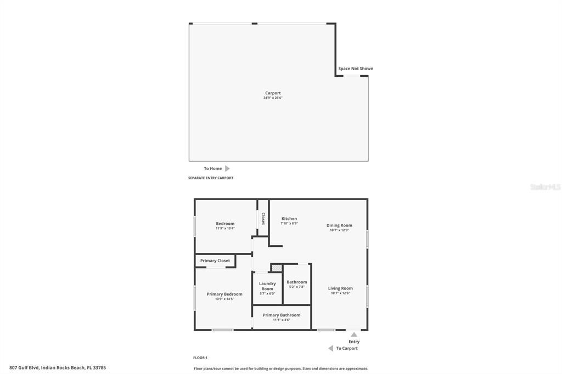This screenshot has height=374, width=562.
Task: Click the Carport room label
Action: click(x=273, y=95)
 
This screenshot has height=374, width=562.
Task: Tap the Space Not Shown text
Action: click(x=356, y=69)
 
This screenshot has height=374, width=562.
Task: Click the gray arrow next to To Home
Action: click(x=227, y=168)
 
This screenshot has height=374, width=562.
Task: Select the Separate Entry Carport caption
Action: click(x=211, y=178)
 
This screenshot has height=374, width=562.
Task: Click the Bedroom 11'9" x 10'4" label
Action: click(x=225, y=225)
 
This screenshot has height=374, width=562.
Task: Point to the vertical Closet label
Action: click(x=263, y=218)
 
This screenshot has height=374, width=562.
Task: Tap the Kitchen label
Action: click(x=289, y=220)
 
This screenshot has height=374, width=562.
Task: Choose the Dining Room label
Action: click(x=339, y=227)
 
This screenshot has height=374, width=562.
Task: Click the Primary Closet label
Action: click(x=215, y=260)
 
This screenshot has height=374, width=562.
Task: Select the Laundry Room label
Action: click(x=267, y=288)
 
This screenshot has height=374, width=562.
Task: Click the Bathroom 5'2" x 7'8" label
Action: click(x=297, y=284)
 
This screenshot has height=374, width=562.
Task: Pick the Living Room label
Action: click(x=340, y=290)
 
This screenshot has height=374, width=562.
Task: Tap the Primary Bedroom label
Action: click(x=224, y=296)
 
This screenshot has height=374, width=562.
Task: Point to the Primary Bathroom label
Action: click(x=282, y=316)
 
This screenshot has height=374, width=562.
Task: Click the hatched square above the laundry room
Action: click(x=277, y=268)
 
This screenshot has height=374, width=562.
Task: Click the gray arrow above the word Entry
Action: click(x=354, y=335)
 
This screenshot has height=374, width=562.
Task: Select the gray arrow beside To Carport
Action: click(x=331, y=348)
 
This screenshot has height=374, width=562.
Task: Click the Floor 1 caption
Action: click(x=200, y=358)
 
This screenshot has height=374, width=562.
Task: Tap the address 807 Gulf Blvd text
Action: click(x=58, y=367)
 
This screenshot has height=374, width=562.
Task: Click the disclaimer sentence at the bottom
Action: click(x=281, y=369)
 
